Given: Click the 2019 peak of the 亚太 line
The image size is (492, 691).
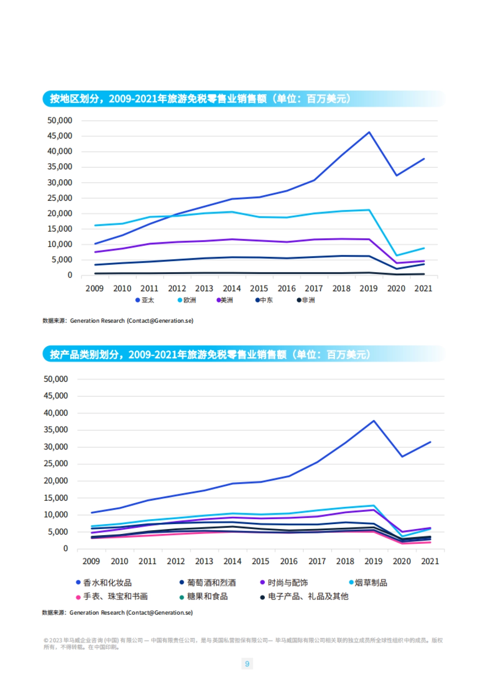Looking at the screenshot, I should point(369,132).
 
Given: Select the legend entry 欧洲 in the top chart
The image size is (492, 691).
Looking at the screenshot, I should point(187,300).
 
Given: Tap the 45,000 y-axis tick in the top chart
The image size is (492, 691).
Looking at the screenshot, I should point(60,136).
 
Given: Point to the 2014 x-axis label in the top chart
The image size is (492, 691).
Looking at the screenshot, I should point(232,288).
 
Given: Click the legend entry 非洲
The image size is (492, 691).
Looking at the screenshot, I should point(306,300).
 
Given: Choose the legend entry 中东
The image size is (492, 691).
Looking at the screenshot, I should point(264,300).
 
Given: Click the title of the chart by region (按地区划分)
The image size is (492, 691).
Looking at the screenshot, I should point(200,99).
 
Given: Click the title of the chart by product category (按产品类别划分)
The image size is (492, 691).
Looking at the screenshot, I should point(210,354).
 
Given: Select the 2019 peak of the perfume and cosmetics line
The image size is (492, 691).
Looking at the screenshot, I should point(374,421).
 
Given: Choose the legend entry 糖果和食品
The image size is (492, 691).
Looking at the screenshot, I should point(204,597).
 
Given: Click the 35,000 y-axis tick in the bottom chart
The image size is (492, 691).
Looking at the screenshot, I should point(56,430).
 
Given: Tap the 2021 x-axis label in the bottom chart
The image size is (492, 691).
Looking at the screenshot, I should point(430,561).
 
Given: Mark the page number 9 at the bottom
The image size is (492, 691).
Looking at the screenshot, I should point(247,664).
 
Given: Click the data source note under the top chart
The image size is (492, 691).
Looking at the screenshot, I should point(118,321).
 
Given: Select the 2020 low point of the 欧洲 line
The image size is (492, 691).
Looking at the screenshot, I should point(396,255).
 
